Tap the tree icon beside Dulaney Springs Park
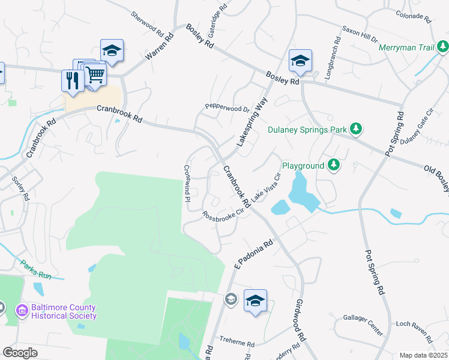coord(356,128)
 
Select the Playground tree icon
coord(334,164)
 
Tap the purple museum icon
coord(22,310)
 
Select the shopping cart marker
coord(95,75)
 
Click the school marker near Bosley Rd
coord(300,60)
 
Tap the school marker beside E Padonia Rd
coord(255,301)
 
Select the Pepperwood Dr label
coord(227,109)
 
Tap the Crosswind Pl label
coord(187,182)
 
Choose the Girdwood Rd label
coord(301,320)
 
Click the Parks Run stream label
coord(36,269)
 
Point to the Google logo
coord(20,352)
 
